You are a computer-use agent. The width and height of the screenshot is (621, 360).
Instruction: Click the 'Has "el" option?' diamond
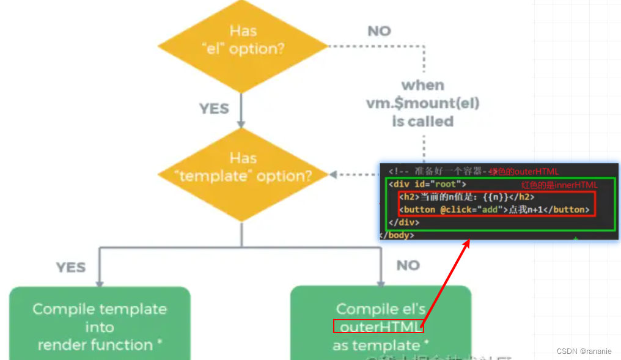pos(243,48)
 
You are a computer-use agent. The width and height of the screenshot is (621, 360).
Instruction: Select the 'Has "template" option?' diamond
pos(243,175)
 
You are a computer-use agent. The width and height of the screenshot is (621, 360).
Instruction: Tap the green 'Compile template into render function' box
pos(100,326)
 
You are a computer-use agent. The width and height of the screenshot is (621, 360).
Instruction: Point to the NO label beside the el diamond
pos(379,31)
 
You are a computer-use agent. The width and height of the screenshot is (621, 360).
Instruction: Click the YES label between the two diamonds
pos(214,109)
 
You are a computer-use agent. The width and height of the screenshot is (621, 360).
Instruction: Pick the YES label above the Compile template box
pos(71,267)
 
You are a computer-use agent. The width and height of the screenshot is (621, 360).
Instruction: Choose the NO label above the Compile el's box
pos(408,265)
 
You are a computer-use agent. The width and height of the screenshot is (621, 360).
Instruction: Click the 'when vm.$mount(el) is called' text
pos(422,103)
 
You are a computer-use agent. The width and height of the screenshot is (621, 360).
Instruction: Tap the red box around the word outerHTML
pos(378,326)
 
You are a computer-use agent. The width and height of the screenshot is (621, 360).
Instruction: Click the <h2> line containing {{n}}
pos(467,197)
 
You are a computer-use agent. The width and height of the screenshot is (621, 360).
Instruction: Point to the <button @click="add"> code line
pos(494,210)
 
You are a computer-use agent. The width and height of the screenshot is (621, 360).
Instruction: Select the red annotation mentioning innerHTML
pos(559,185)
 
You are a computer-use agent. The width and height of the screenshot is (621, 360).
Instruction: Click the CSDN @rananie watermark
pos(584,351)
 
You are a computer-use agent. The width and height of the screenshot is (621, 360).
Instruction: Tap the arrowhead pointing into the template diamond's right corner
pos(333,175)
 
